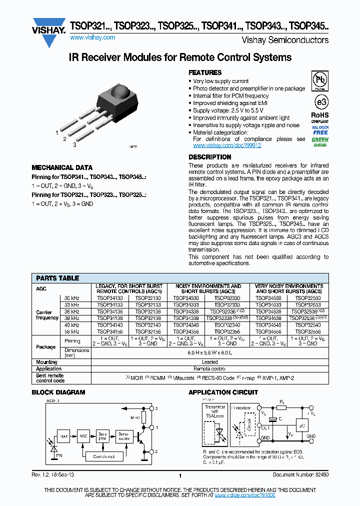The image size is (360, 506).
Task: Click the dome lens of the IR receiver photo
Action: [121, 91]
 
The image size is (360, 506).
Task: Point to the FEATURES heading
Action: [205, 73]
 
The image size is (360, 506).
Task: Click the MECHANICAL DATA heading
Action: [62, 168]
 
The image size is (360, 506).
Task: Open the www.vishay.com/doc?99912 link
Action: [227, 145]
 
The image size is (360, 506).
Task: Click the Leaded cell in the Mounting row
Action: [209, 362]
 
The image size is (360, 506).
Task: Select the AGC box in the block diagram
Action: [83, 436]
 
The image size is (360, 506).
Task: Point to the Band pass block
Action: [102, 436]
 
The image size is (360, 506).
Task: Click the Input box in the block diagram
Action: [63, 436]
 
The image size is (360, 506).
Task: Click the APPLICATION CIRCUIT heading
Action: [223, 392]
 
